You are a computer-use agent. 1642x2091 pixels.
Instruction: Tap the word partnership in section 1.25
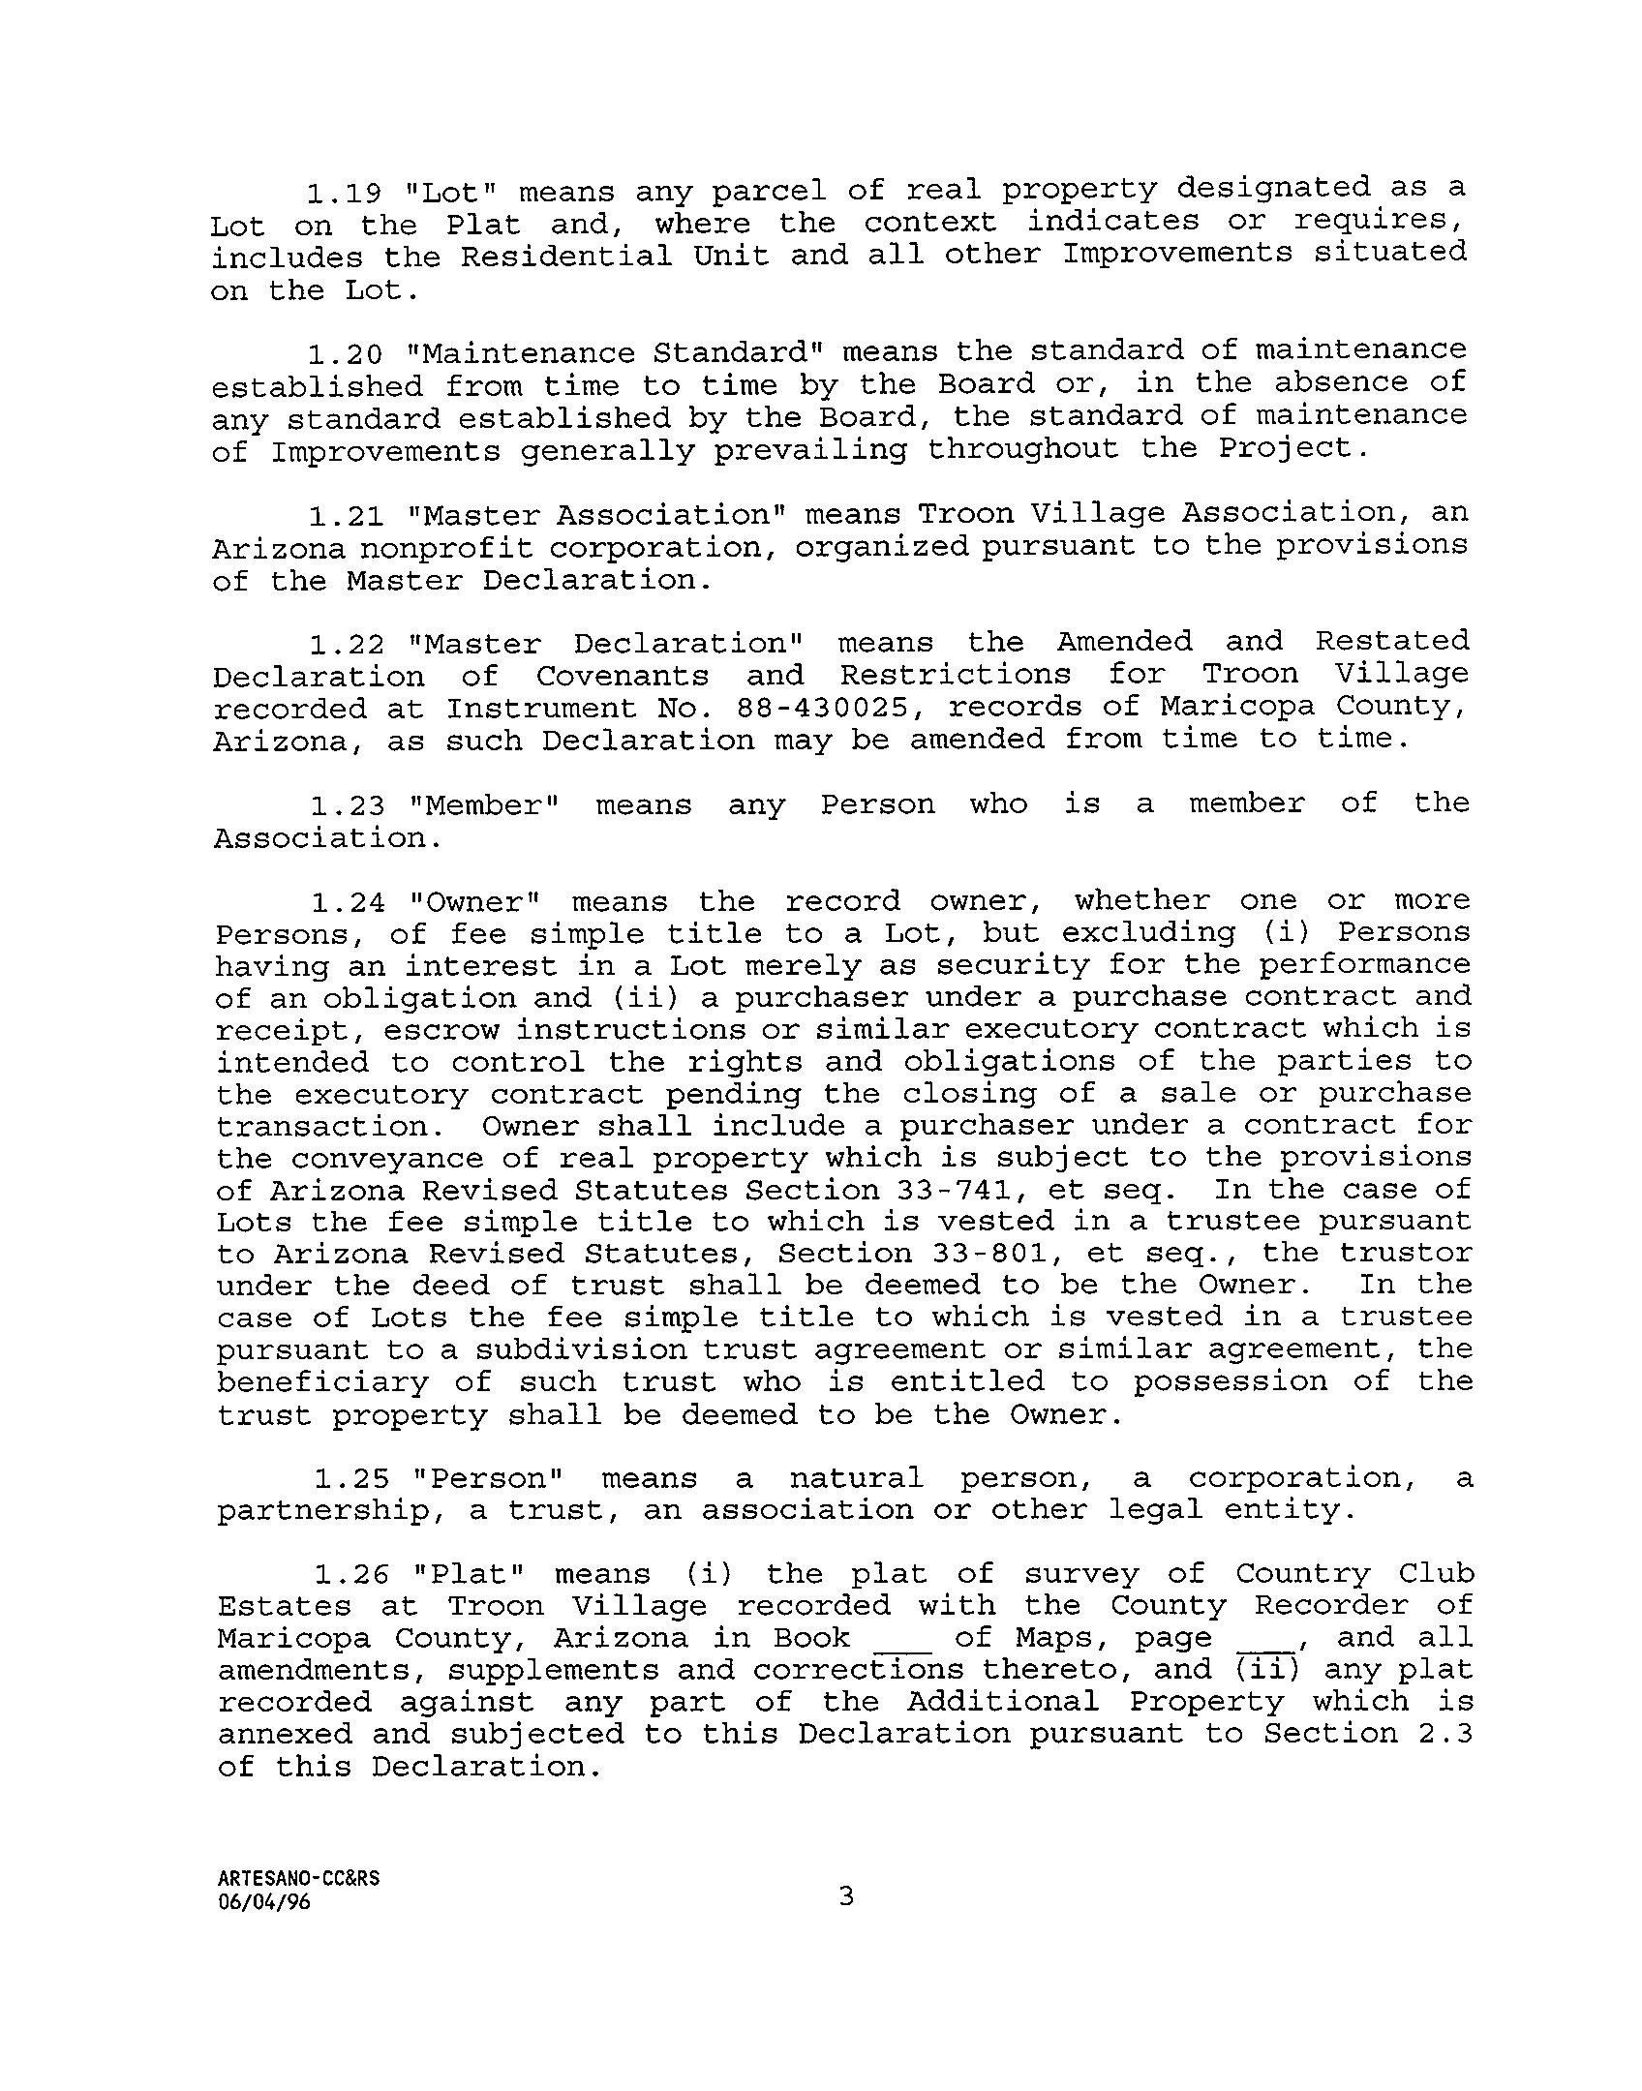click(324, 1511)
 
